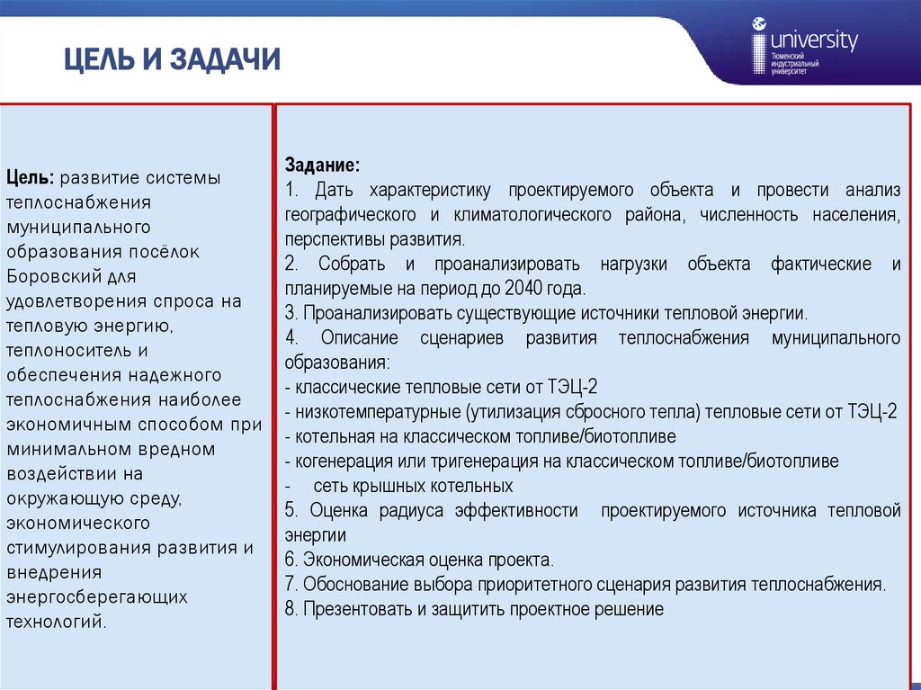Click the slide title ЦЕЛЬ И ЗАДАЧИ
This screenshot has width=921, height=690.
[172, 60]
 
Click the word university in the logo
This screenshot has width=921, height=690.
[813, 40]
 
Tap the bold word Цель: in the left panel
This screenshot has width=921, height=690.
[31, 178]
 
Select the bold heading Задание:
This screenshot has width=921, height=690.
[323, 166]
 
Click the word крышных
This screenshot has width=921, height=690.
[390, 486]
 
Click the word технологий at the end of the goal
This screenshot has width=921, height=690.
[56, 622]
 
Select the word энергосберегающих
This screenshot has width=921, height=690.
[97, 596]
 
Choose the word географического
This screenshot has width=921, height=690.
[351, 215]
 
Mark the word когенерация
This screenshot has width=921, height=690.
[336, 461]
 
